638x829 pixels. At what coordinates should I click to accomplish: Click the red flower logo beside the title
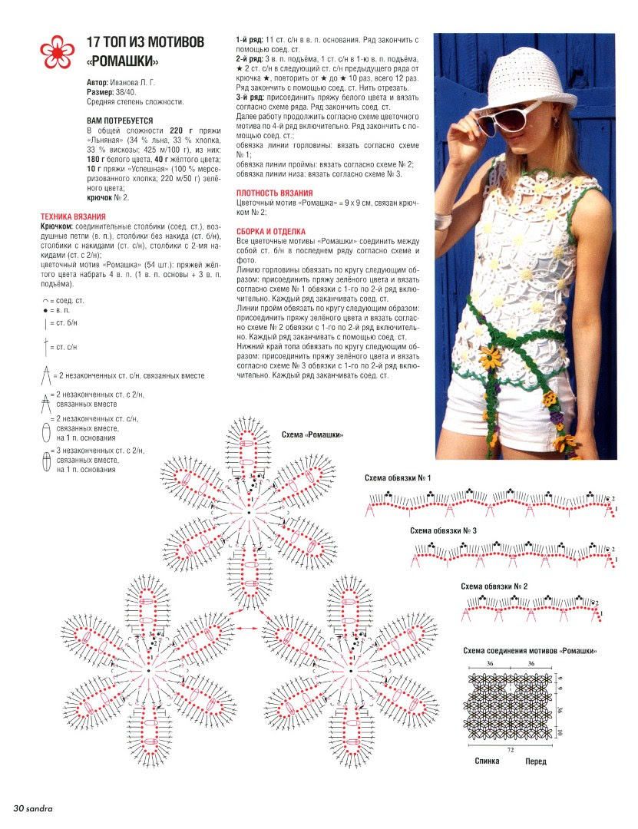point(58,51)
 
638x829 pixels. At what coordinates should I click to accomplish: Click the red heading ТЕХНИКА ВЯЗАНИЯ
point(73,217)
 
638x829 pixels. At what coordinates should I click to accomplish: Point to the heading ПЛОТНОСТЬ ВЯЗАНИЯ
point(275,193)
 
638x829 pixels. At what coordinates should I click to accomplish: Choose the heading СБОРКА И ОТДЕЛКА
point(272,231)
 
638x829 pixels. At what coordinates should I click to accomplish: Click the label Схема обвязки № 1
point(397,478)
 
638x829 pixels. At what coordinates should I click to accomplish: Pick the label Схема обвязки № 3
point(443,531)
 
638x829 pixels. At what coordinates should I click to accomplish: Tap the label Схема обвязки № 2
point(494,586)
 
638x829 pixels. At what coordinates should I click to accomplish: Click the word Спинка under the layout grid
point(486,761)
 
